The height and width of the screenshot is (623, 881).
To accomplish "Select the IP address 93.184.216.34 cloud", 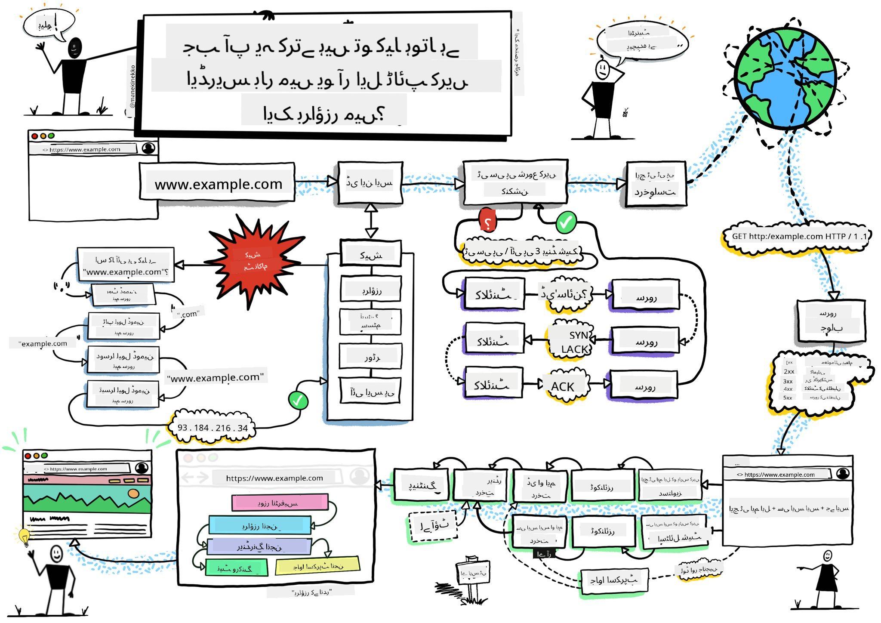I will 213,428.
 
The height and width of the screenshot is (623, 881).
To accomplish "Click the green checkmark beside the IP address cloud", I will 298,401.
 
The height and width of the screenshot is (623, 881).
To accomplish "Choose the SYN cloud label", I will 578,335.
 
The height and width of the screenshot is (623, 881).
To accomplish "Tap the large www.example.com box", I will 218,184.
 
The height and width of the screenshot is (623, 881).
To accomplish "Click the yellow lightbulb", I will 24,536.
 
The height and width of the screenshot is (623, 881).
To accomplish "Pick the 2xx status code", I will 789,371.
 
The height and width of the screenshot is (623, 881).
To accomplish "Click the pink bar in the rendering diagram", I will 280,503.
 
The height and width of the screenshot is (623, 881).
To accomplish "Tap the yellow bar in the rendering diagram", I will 317,566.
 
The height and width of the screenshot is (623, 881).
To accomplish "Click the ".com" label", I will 188,314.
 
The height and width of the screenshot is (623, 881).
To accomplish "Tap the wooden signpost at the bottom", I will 472,574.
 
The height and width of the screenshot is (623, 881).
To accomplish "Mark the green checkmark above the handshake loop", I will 566,222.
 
